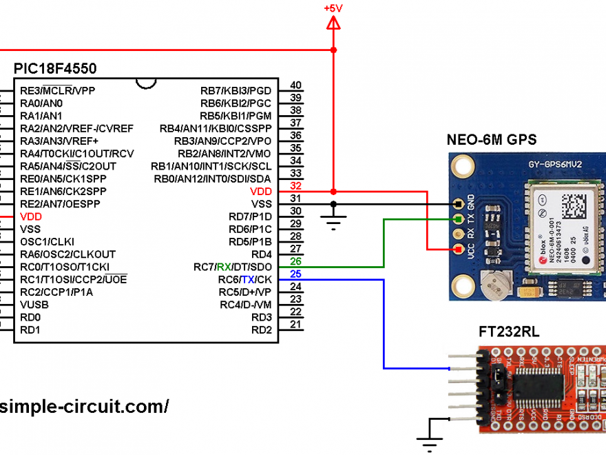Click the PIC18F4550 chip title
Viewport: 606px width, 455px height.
click(x=55, y=69)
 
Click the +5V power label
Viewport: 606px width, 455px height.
click(x=333, y=8)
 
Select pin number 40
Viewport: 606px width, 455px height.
click(x=296, y=85)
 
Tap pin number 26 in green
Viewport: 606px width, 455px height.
click(x=296, y=262)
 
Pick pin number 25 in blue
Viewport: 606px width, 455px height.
click(x=296, y=274)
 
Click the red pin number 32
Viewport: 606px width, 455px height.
click(x=296, y=186)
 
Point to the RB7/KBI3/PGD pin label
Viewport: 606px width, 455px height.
click(x=236, y=90)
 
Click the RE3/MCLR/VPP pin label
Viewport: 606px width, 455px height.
click(x=58, y=90)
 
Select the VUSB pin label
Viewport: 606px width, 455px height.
click(x=35, y=305)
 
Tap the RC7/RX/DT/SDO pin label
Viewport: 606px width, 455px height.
click(x=233, y=267)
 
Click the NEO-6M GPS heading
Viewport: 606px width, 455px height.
click(x=492, y=139)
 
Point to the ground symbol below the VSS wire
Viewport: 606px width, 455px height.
click(x=334, y=221)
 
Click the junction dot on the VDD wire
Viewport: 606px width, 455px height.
click(x=334, y=191)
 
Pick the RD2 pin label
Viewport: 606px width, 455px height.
click(x=261, y=330)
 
